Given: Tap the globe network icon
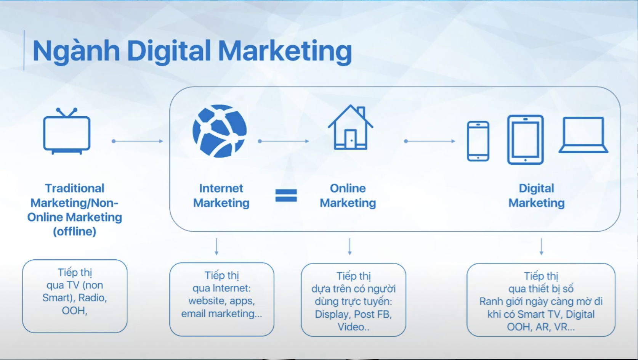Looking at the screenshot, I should click(x=220, y=131).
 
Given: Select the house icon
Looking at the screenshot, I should click(x=350, y=127).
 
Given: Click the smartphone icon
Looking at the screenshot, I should click(x=478, y=141).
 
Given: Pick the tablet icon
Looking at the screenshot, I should click(x=525, y=140).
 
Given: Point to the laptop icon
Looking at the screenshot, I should click(x=583, y=135).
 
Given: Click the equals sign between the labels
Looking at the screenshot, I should click(x=286, y=196).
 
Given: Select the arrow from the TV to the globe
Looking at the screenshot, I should click(x=137, y=141).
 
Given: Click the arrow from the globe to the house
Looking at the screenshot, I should click(x=284, y=141).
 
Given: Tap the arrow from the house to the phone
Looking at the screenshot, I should click(x=430, y=141).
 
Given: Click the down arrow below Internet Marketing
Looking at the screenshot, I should click(x=216, y=247).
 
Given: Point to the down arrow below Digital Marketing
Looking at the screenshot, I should click(x=541, y=247).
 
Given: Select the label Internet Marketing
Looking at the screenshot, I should click(x=221, y=196).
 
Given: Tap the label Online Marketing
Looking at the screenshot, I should click(x=348, y=196).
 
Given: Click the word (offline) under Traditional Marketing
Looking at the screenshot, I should click(x=75, y=231).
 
